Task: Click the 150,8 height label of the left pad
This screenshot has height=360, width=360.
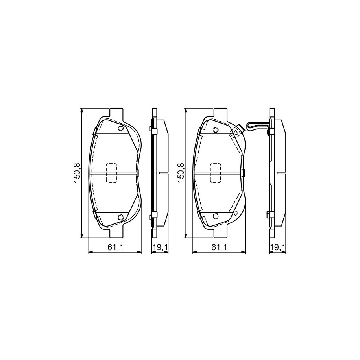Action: [x=77, y=173]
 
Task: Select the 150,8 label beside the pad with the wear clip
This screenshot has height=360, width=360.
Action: [x=181, y=173]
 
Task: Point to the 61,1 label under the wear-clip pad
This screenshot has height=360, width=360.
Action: [x=219, y=247]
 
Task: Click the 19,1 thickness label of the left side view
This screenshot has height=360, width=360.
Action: [x=161, y=247]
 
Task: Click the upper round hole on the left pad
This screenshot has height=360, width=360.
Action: [x=121, y=129]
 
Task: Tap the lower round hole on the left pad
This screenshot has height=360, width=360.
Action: [x=121, y=217]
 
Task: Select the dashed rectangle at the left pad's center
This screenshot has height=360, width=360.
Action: [x=111, y=173]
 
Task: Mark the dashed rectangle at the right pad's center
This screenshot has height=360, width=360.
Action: [x=216, y=173]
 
